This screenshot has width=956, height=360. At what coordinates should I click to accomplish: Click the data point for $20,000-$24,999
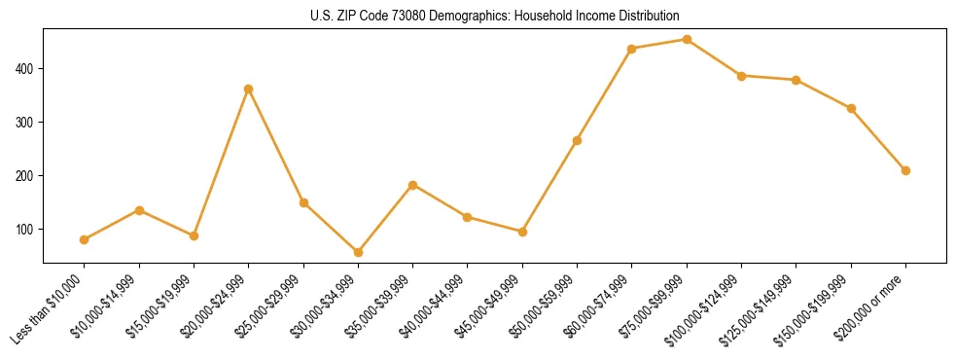tap(249, 89)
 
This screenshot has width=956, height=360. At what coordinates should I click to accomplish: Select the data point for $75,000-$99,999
tap(687, 40)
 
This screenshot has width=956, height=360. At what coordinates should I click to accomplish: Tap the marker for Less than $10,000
tap(85, 239)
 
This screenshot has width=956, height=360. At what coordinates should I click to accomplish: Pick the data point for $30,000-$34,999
tap(358, 252)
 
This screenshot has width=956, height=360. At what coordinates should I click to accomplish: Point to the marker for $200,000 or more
tap(905, 170)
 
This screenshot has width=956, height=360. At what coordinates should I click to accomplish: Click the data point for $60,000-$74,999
tap(632, 49)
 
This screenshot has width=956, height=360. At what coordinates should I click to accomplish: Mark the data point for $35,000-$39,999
tap(413, 185)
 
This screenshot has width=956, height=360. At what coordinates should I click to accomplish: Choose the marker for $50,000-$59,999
tap(578, 140)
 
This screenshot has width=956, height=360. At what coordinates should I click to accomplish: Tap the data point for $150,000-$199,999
tap(851, 108)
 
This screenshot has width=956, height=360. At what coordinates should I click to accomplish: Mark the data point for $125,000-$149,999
tap(797, 80)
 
